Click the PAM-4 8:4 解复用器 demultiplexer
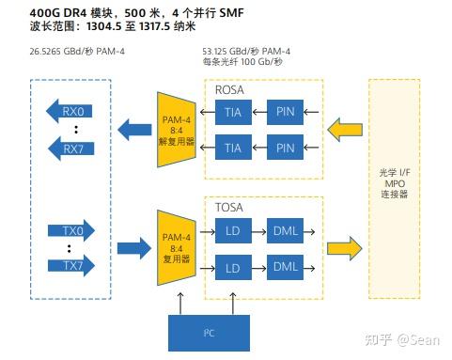(x=176, y=128)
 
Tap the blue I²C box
(x=209, y=332)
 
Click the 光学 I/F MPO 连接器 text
(x=394, y=184)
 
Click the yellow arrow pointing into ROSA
(x=342, y=129)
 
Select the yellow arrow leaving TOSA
(x=342, y=248)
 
